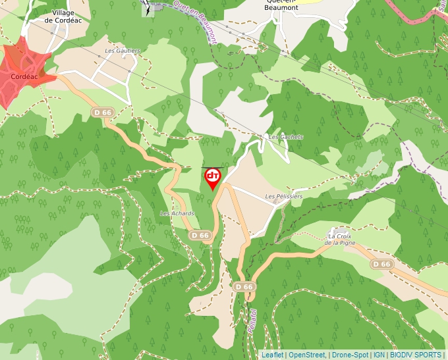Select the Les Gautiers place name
[x=123, y=51]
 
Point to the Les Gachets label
[x=286, y=137]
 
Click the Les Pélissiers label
[x=283, y=196]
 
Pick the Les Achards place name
[x=177, y=214]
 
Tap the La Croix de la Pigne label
[x=341, y=239]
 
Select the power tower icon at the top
[x=148, y=9]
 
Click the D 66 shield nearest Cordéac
[x=102, y=113]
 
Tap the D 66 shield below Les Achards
[x=200, y=235]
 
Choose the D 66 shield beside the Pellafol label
[x=244, y=287]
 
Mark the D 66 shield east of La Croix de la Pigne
[x=381, y=264]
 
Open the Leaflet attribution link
[x=273, y=355]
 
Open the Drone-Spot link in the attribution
[x=350, y=355]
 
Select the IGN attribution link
[x=379, y=355]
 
